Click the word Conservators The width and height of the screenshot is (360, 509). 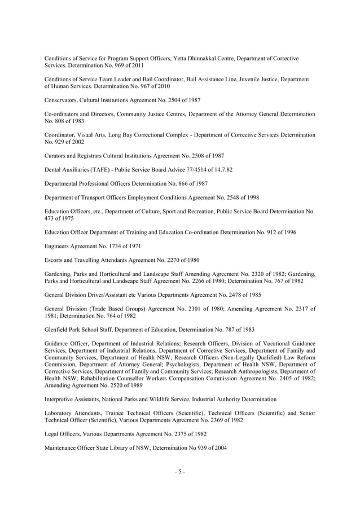tap(62, 100)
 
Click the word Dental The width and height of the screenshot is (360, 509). tap(54, 169)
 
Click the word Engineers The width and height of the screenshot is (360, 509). tap(59, 245)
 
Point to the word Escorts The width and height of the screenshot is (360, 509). tap(55, 260)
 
